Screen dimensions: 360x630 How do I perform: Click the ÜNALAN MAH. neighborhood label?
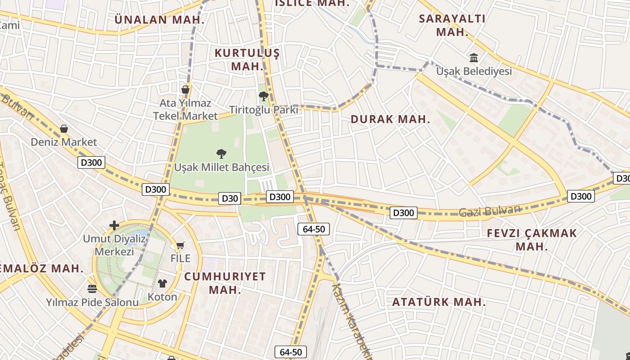(x=159, y=20)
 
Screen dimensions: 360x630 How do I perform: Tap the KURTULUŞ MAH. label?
(x=247, y=59)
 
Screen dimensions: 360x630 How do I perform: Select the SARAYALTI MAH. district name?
(x=452, y=25)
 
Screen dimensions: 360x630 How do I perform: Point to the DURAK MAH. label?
(x=390, y=119)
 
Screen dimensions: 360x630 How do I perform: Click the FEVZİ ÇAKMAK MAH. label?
(x=532, y=239)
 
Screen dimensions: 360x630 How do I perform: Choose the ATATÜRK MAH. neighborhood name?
(x=439, y=302)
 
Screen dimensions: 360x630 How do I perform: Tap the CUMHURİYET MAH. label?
(x=225, y=283)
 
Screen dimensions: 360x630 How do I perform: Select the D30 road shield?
(x=229, y=198)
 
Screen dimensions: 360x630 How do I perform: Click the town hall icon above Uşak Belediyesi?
(x=474, y=58)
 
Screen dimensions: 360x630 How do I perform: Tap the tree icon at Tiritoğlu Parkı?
(x=263, y=96)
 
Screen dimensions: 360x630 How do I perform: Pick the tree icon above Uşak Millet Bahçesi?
(x=221, y=154)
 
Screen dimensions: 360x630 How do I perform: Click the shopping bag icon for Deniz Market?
(x=64, y=129)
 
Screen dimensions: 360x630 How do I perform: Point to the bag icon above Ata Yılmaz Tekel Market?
(x=185, y=90)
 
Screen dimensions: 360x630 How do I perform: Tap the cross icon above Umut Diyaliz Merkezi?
(x=114, y=225)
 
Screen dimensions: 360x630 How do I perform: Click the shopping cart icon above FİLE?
(x=180, y=246)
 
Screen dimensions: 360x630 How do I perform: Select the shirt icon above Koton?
(x=162, y=283)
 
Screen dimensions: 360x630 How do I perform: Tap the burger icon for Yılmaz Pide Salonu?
(x=92, y=288)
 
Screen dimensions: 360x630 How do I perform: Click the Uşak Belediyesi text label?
(x=474, y=71)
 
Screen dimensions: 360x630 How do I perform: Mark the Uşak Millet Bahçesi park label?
(x=221, y=167)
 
